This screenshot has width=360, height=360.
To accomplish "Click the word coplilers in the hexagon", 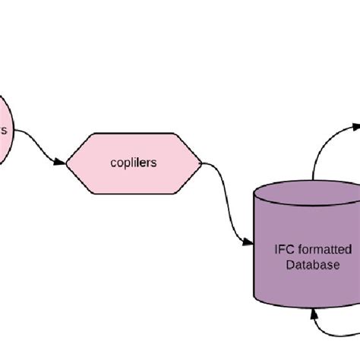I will coord(134,163).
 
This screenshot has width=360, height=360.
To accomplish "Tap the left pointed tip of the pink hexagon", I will coord(68,162).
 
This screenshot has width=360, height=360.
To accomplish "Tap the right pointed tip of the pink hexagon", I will coord(201,162).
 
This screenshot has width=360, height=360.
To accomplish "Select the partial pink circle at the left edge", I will coord(5,128).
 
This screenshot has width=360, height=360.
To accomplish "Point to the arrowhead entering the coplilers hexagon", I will coord(60,161).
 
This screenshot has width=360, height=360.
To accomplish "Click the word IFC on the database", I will coord(283,248).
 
